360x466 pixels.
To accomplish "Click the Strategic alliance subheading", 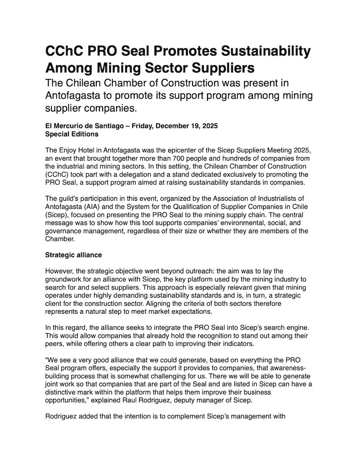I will pos(74,255).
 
